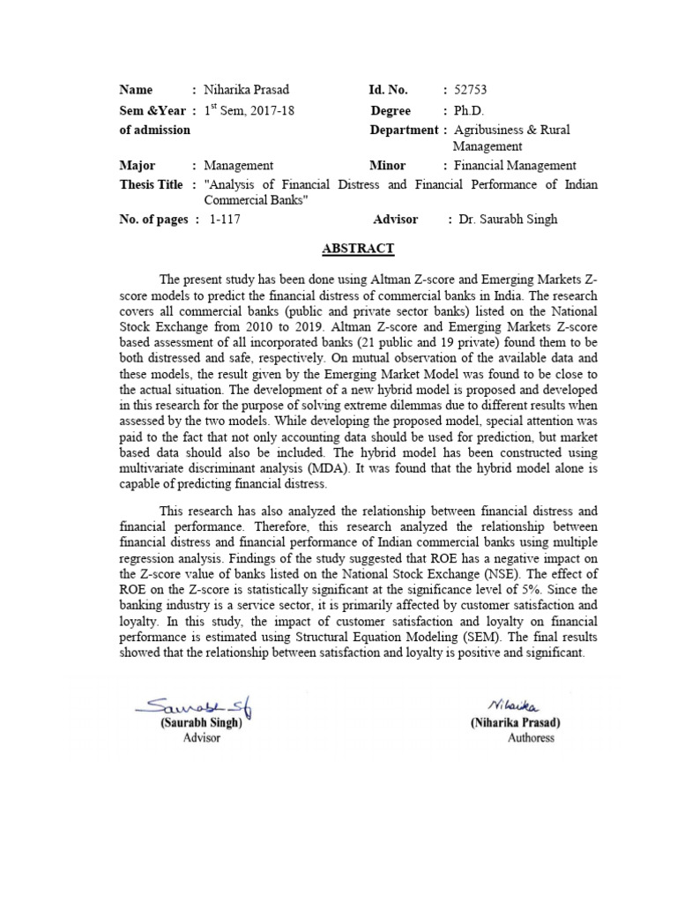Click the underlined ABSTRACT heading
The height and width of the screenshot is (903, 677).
click(x=358, y=250)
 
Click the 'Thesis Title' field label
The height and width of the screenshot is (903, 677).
click(x=151, y=184)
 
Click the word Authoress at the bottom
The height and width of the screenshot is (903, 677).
click(x=531, y=737)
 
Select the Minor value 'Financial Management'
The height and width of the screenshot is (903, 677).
click(x=515, y=166)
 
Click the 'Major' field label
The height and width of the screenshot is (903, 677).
click(x=137, y=166)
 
